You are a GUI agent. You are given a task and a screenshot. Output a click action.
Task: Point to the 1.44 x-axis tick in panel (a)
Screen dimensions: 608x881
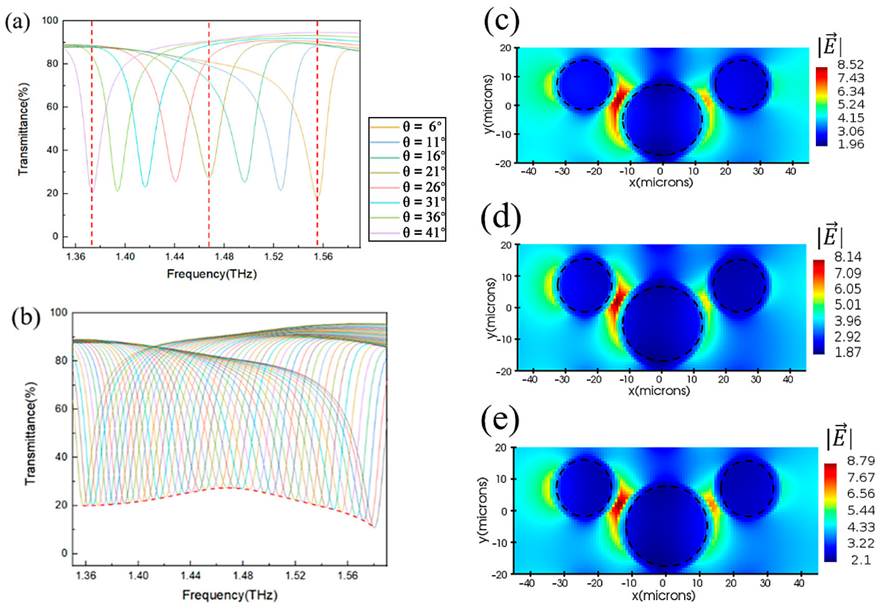point(175,257)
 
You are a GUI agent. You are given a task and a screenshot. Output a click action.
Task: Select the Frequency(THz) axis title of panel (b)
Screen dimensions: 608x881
point(230,595)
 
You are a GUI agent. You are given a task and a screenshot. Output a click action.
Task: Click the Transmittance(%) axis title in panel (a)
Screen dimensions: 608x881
point(23,130)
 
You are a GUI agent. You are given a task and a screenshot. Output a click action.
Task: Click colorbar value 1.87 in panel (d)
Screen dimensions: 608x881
point(848,352)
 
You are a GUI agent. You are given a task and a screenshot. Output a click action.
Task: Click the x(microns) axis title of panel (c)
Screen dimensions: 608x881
point(661,183)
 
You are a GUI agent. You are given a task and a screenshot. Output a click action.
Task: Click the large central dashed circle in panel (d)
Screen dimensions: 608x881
point(663,324)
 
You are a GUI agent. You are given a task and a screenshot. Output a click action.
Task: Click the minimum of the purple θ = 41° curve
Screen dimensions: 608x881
point(91,192)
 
